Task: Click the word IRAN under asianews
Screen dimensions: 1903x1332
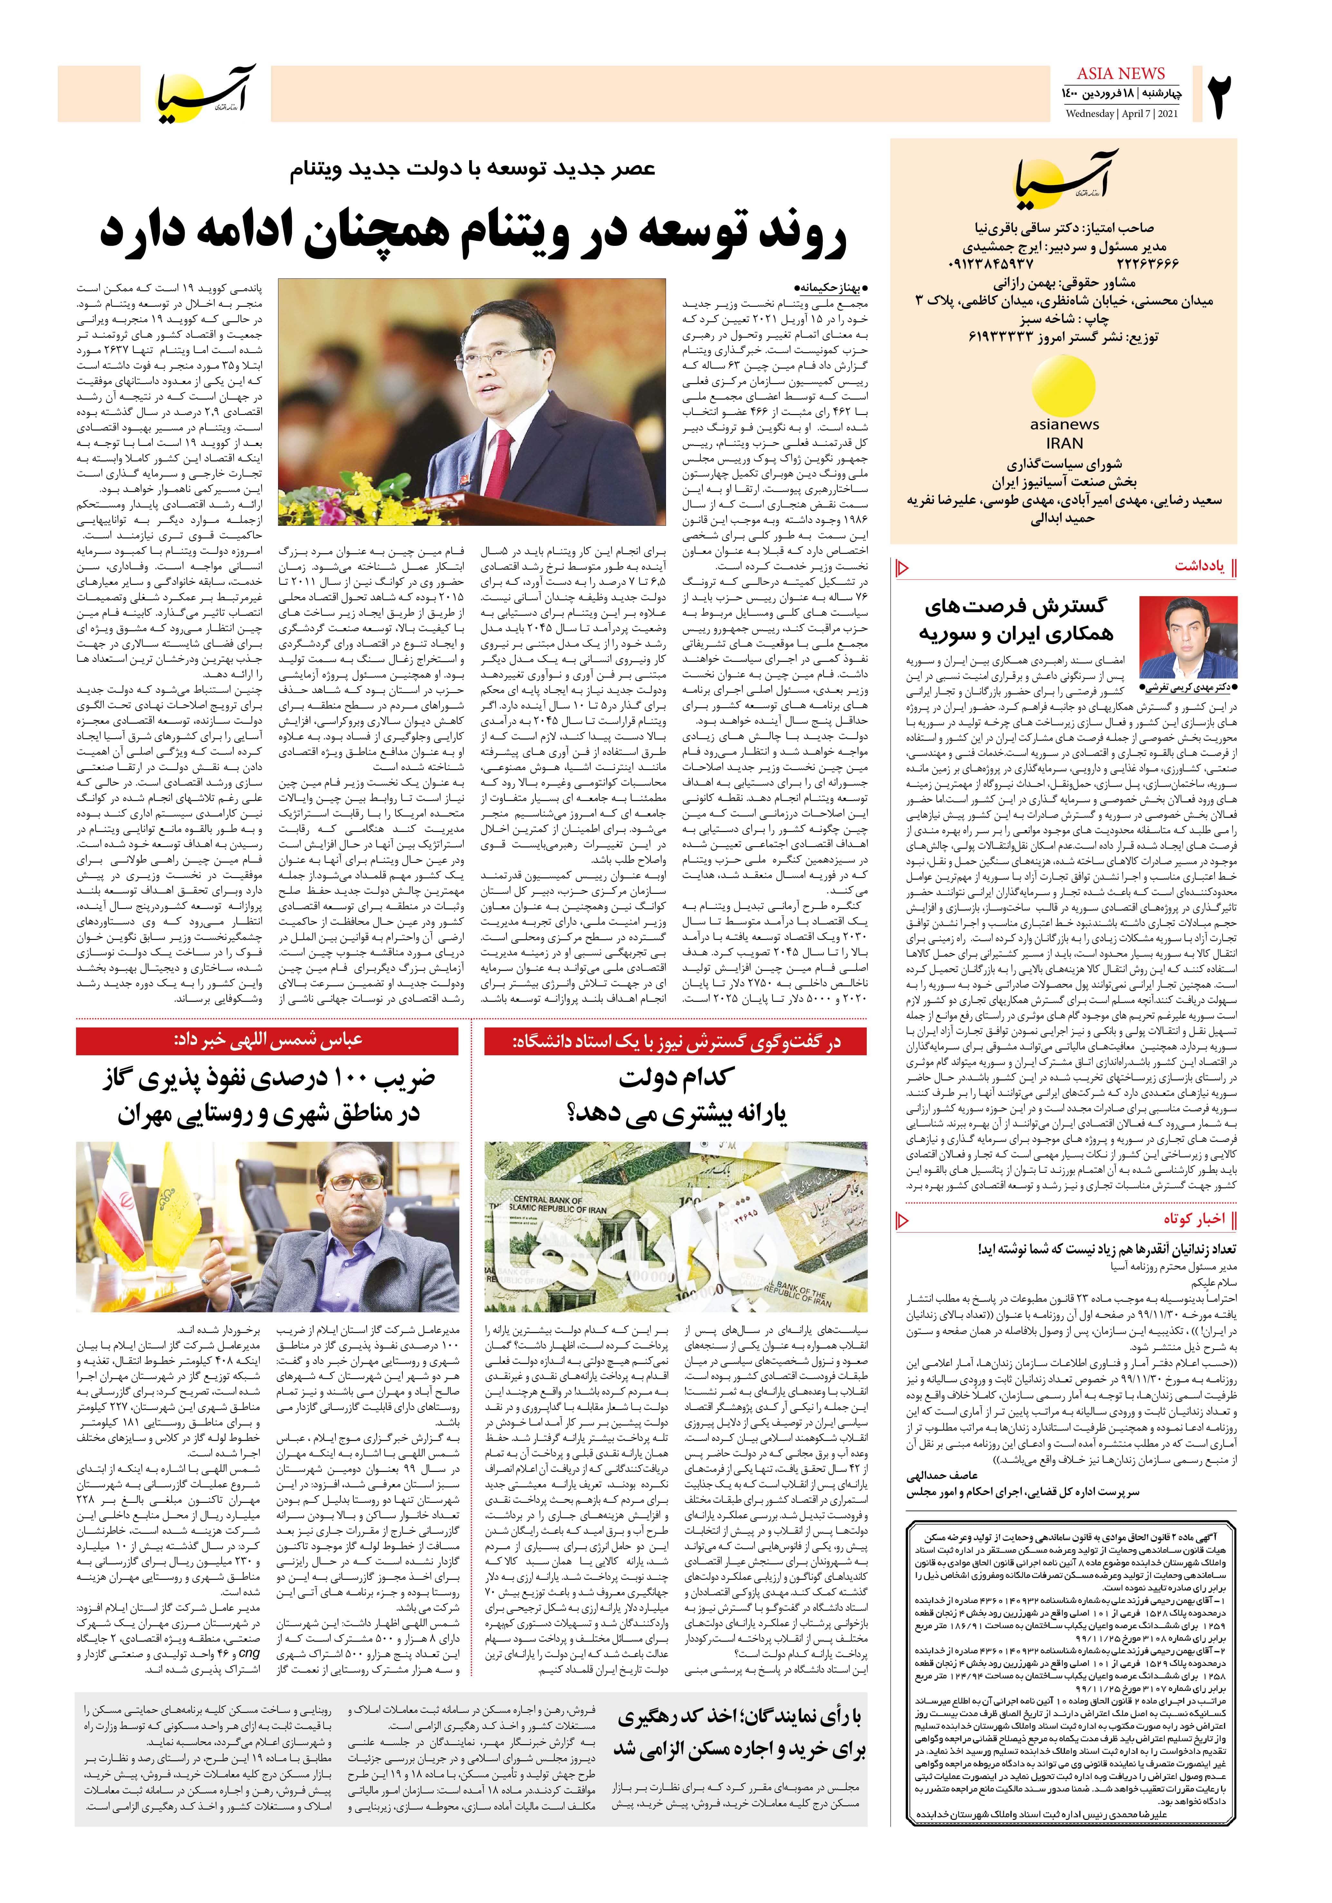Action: click(x=1064, y=443)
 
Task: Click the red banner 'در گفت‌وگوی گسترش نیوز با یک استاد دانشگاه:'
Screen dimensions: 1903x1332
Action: click(x=676, y=1041)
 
